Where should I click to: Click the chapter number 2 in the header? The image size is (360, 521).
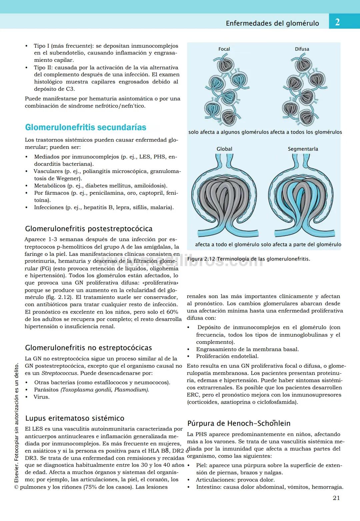pos(337,22)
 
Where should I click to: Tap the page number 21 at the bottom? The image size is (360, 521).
pos(336,498)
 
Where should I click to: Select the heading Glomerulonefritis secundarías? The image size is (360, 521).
pos(86,127)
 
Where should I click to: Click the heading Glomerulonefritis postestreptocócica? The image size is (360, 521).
pos(89,229)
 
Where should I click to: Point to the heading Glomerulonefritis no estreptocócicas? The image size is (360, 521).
pos(88,348)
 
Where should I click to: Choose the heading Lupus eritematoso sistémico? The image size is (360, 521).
pos(75,418)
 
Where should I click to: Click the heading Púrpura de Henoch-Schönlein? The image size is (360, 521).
pos(239,423)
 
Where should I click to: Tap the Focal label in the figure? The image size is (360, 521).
pos(224,49)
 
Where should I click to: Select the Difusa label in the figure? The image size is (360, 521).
pos(302,49)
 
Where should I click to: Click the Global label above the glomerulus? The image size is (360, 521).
pos(224,149)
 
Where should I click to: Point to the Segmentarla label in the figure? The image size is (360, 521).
pos(303,149)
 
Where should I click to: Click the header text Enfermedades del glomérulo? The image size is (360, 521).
pos(272,23)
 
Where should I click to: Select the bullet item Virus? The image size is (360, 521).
pos(41,397)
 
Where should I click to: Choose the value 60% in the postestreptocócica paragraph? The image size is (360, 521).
pos(172,312)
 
